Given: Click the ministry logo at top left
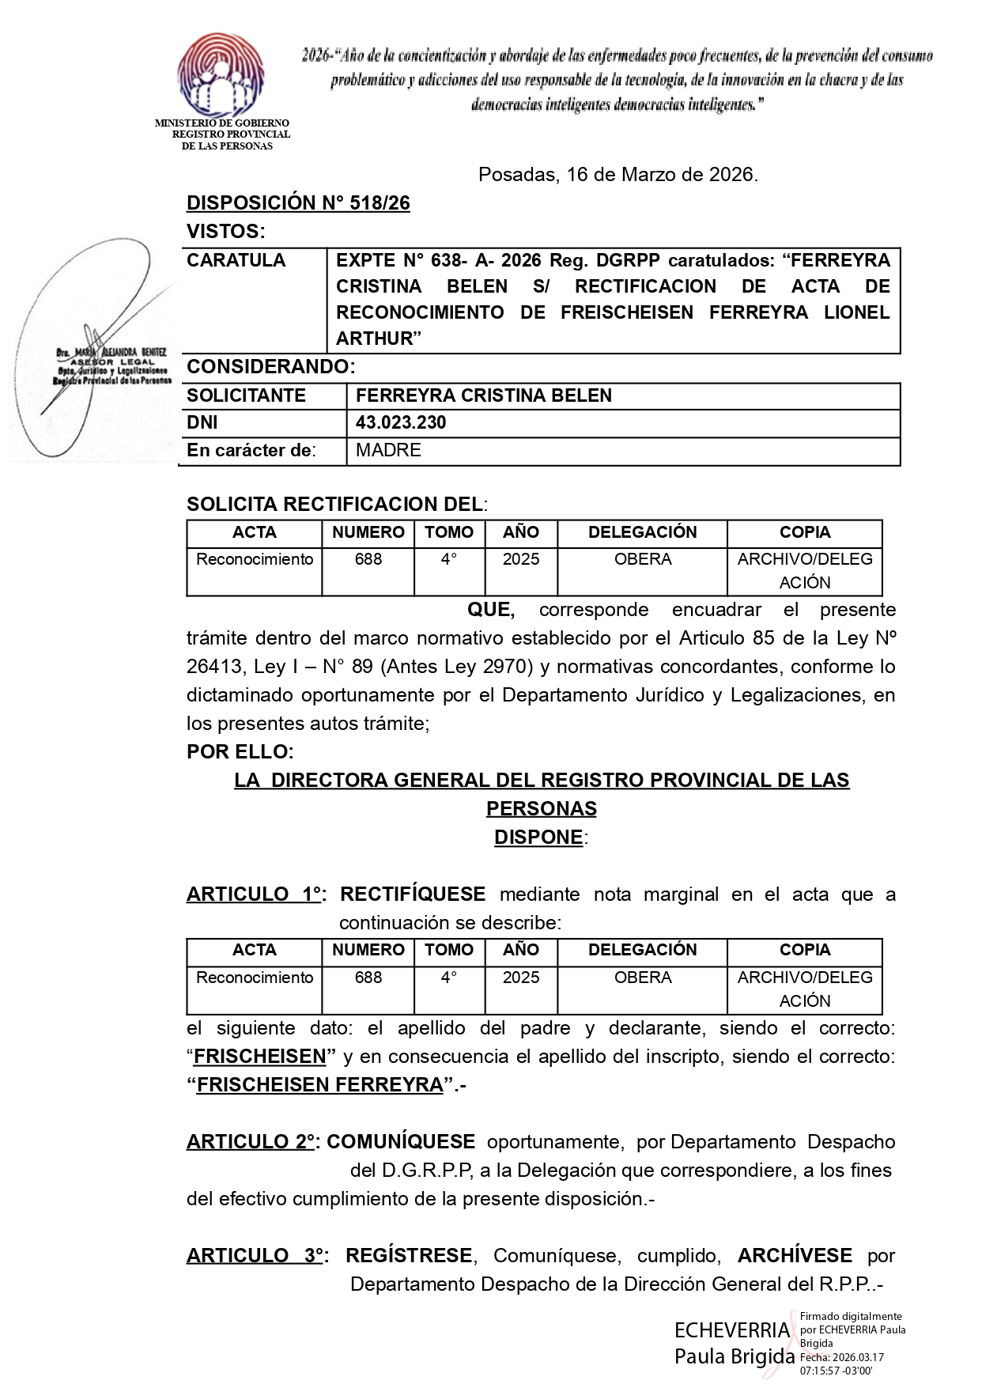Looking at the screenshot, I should (221, 76).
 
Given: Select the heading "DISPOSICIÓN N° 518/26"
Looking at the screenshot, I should (298, 203).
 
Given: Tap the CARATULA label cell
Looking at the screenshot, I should (236, 261).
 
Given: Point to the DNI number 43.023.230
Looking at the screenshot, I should (401, 422).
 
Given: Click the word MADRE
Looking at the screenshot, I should (388, 451).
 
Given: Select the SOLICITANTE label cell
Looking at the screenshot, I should (246, 395).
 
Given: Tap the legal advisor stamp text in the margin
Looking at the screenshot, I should (111, 365).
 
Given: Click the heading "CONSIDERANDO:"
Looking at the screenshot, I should (270, 367).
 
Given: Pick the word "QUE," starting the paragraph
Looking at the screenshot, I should (491, 610).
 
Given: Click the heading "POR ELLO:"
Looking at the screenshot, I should (240, 751).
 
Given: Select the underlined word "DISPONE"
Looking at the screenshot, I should (538, 837).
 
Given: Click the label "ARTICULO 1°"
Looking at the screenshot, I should (254, 894).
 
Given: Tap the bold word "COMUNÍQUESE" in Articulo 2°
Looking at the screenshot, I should (401, 1142).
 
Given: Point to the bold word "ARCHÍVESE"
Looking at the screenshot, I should (795, 1256).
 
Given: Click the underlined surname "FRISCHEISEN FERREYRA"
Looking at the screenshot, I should (319, 1085).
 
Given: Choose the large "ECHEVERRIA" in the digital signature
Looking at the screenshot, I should (731, 1330).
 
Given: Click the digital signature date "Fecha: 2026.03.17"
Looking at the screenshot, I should (841, 1357).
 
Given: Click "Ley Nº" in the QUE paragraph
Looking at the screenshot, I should (871, 638).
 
